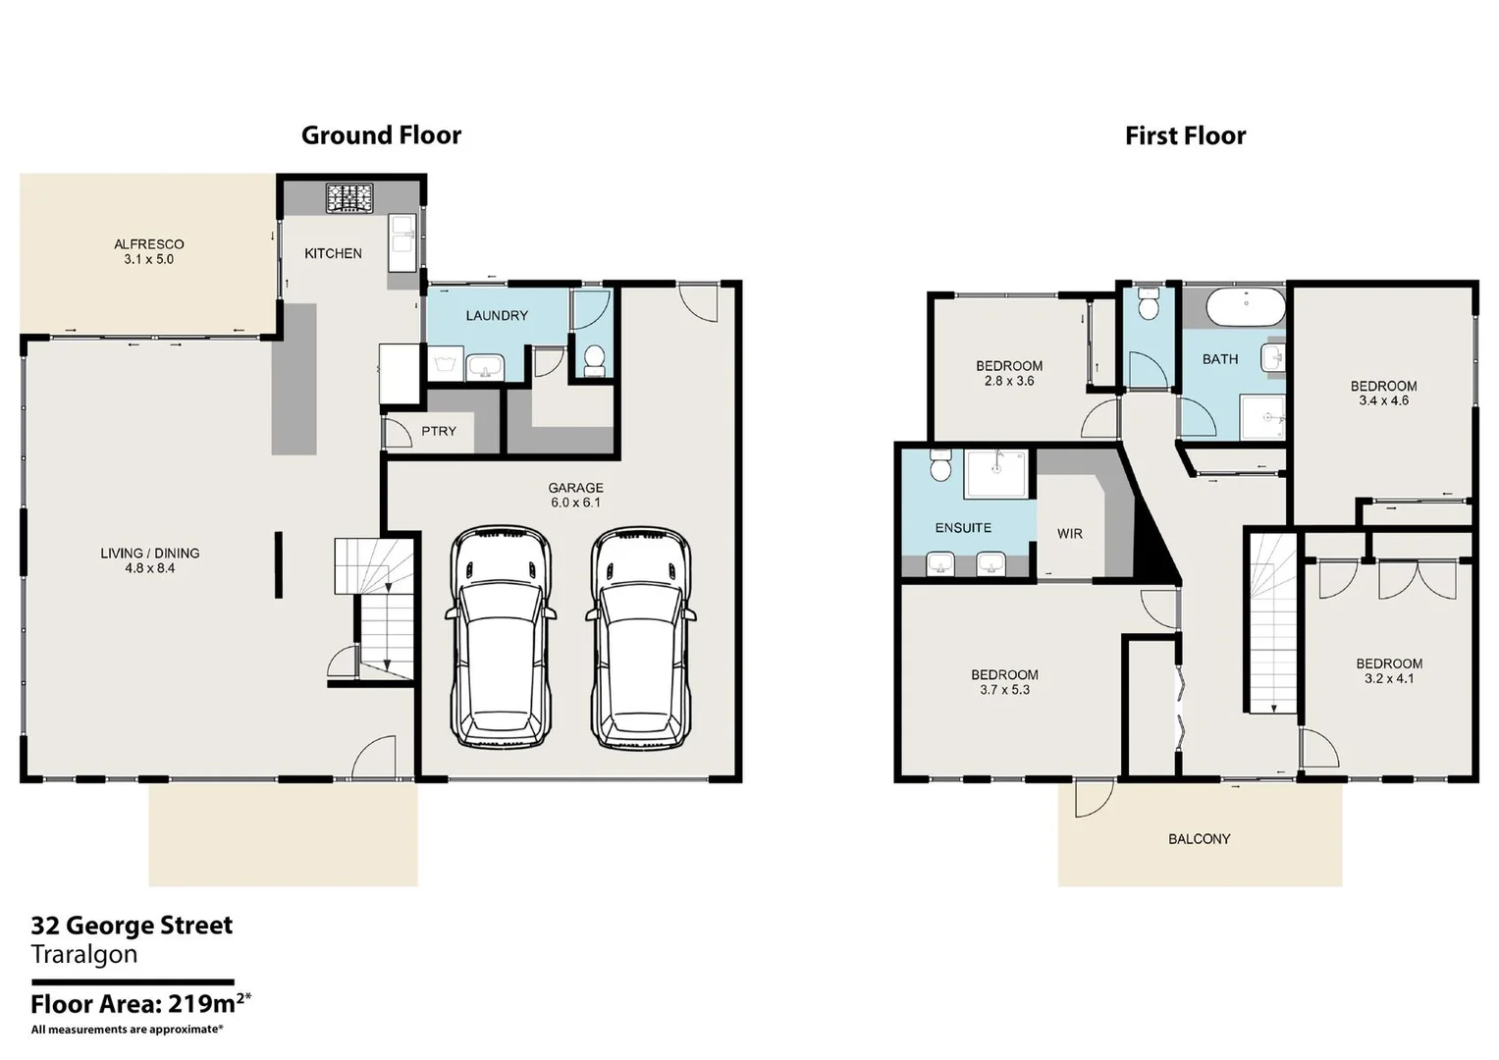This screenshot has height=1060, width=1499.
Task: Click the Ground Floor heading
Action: [381, 135]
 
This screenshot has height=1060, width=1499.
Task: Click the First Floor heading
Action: [1185, 135]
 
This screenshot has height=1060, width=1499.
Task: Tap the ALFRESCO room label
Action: [148, 244]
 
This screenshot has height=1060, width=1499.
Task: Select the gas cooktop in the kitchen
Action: [348, 197]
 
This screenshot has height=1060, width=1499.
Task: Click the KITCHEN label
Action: [333, 253]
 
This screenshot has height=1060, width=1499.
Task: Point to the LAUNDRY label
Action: [497, 315]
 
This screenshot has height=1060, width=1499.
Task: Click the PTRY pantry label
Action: [439, 431]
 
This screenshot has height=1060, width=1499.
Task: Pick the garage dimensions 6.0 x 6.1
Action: [575, 503]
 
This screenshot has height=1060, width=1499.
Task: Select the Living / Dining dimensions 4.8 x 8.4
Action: [150, 568]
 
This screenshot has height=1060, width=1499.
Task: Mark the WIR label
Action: [1070, 534]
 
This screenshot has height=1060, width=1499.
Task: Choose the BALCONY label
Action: [1199, 839]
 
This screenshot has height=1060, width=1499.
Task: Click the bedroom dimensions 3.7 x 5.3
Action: [1004, 690]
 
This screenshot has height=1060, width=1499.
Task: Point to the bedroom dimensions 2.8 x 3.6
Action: [1009, 381]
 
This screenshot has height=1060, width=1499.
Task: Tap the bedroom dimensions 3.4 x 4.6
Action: [1383, 400]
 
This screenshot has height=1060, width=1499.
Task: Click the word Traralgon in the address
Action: [84, 954]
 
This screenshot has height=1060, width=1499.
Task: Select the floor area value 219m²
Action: [208, 1003]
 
